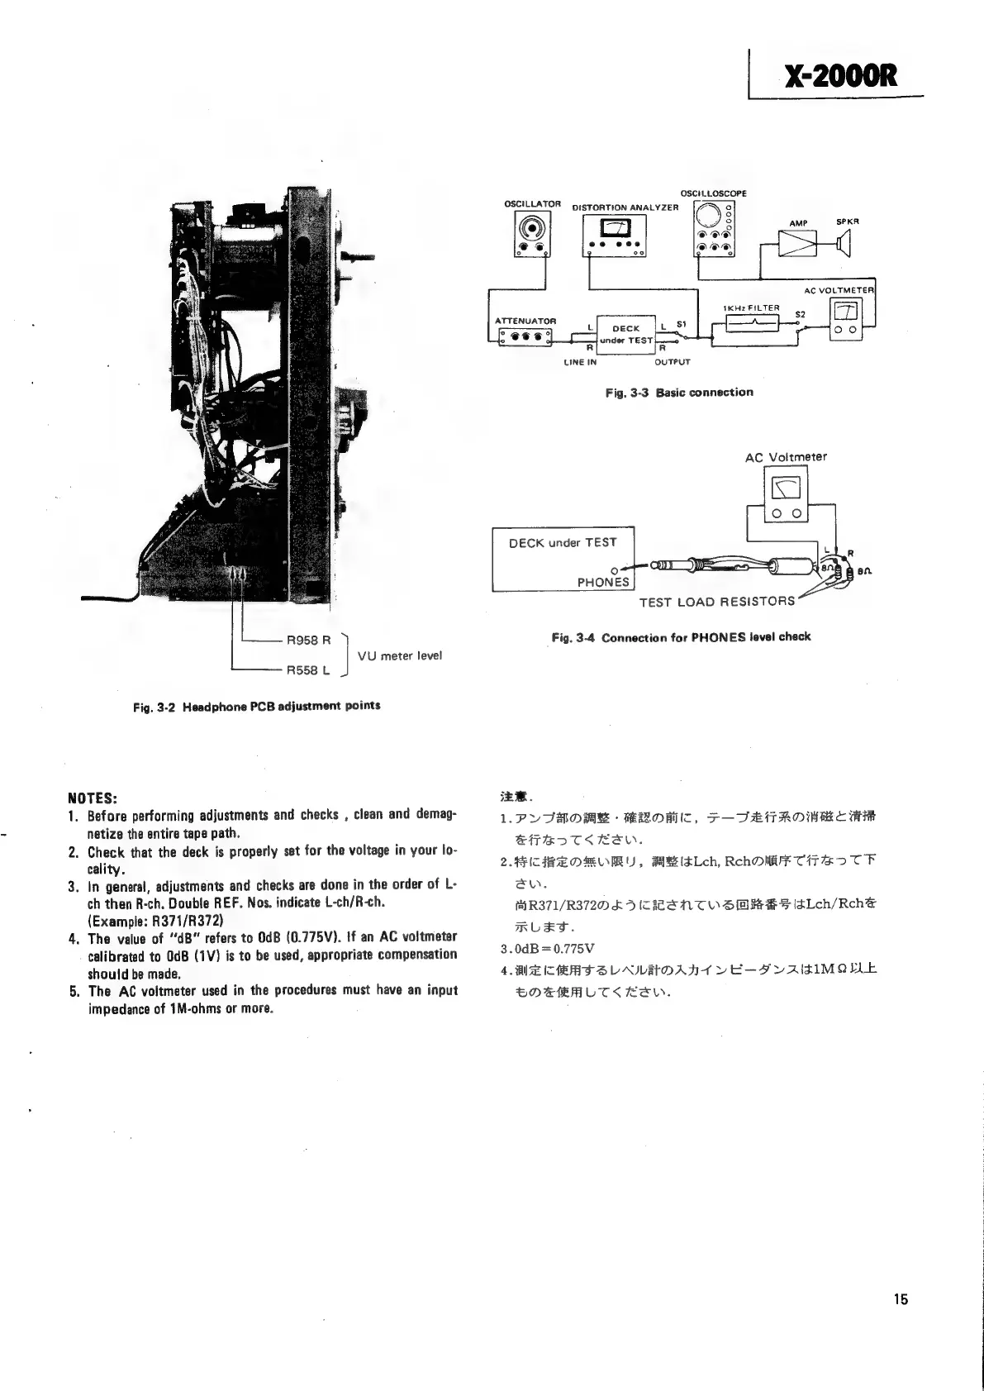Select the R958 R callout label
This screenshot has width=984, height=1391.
(x=308, y=640)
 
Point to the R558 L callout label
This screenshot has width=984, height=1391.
(x=308, y=670)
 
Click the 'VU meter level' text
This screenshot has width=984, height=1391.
(x=400, y=655)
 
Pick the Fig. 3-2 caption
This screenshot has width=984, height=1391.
(x=256, y=707)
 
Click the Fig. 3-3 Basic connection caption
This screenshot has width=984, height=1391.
(x=679, y=393)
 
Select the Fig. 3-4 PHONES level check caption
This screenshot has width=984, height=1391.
(x=681, y=637)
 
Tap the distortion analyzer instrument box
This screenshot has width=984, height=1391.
(x=616, y=236)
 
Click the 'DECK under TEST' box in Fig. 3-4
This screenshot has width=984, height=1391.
(x=563, y=559)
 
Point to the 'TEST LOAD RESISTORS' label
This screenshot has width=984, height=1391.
(x=716, y=602)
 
